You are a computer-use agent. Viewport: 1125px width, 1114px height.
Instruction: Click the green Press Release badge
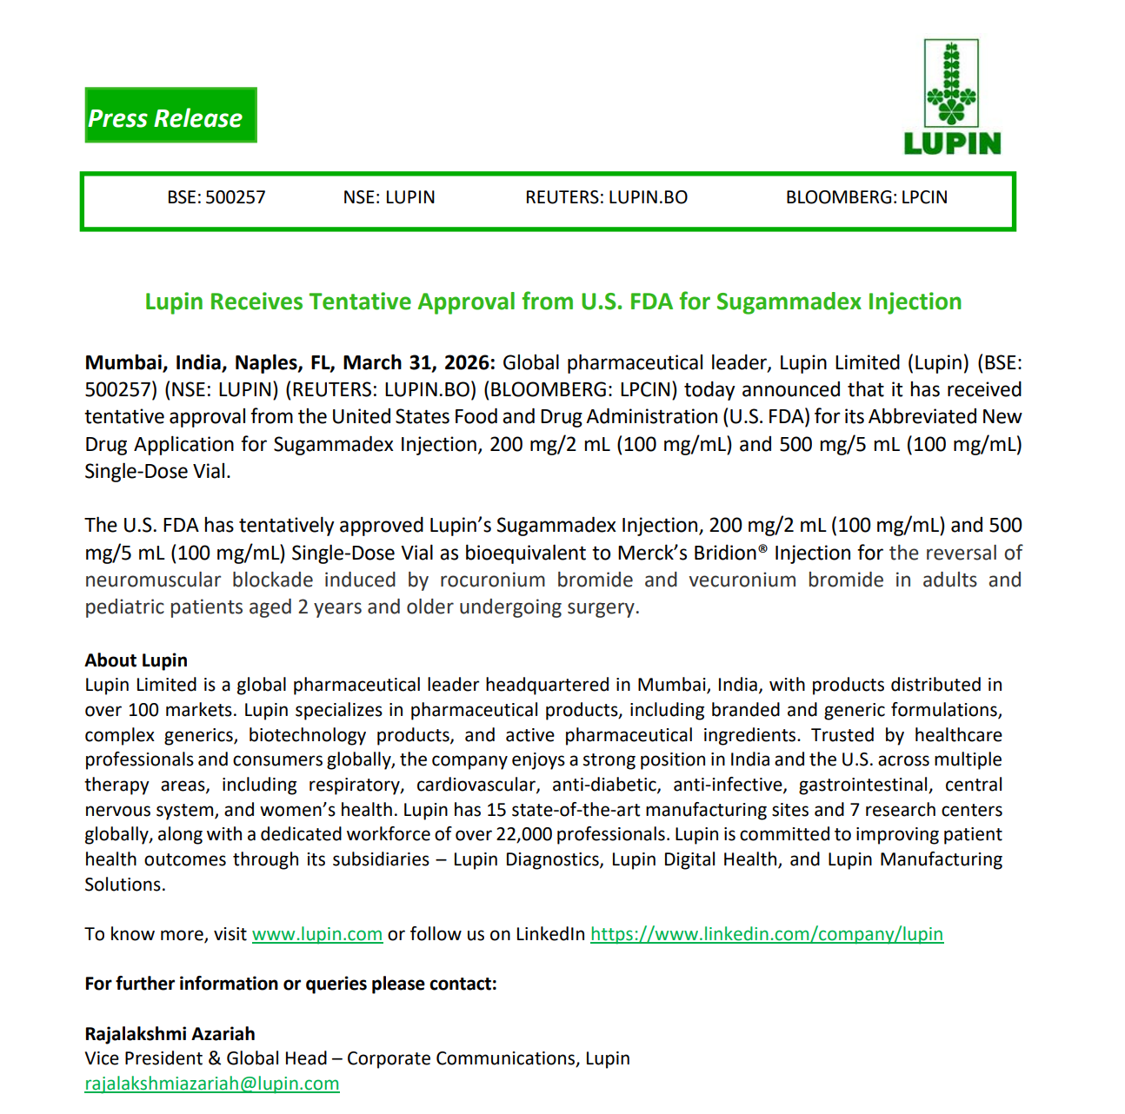(170, 116)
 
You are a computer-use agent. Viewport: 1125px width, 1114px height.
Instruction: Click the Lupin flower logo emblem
(951, 84)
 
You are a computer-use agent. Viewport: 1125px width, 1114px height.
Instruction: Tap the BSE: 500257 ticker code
(216, 198)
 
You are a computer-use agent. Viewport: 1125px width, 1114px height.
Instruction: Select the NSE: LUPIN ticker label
(389, 198)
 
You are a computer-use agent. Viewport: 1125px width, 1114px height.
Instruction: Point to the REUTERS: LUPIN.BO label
(606, 198)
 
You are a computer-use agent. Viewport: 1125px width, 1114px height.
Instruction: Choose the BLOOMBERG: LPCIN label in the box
(866, 198)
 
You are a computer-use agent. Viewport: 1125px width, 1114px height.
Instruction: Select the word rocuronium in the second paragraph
(492, 580)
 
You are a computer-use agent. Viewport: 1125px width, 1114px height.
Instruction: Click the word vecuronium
(742, 580)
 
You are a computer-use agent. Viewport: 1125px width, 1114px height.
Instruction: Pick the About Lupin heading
(136, 660)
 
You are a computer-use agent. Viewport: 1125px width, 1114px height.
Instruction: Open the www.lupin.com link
(317, 935)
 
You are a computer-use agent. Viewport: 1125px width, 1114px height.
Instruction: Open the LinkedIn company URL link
(766, 935)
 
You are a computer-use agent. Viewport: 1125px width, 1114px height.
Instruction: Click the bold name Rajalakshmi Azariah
(170, 1034)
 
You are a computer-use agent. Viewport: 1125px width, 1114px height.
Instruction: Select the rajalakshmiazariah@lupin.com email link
(212, 1084)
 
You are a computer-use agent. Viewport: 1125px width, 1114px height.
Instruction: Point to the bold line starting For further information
(290, 985)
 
